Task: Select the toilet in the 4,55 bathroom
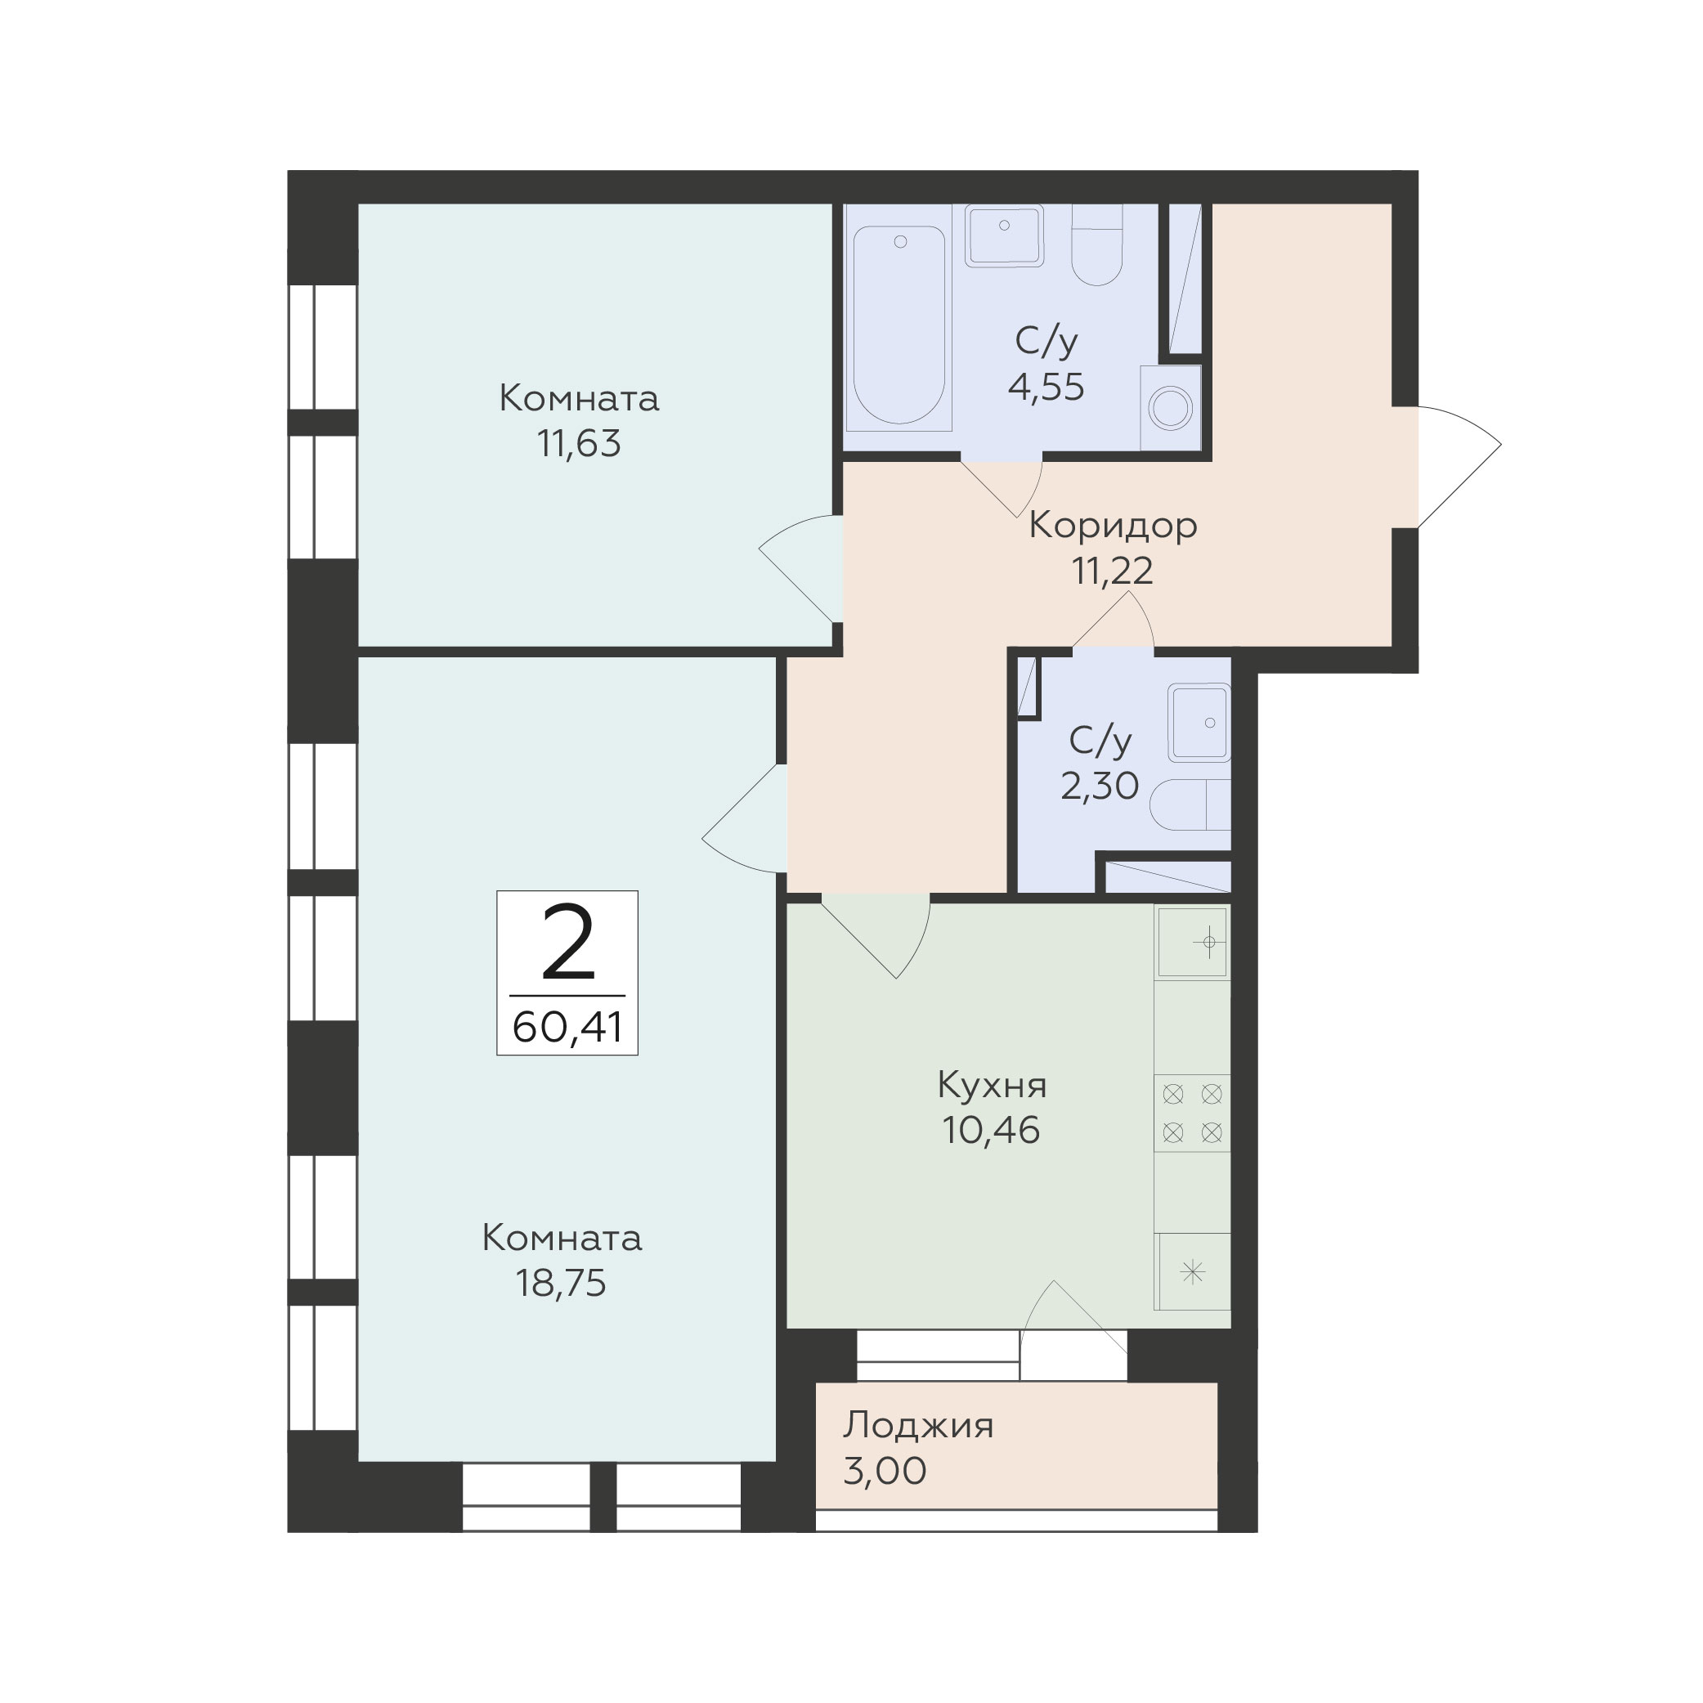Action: coord(1096,245)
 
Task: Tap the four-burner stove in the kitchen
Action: coord(1193,1114)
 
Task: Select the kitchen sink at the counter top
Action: coord(1193,943)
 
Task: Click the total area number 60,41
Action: coord(567,1027)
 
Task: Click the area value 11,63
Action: coord(579,443)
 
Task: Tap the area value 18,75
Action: coord(562,1284)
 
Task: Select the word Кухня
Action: coord(992,1085)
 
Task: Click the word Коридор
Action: coord(1113,527)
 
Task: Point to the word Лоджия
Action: coord(918,1426)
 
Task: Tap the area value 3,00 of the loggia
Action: coord(885,1471)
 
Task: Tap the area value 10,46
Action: coord(992,1130)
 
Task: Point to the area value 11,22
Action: coord(1113,571)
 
